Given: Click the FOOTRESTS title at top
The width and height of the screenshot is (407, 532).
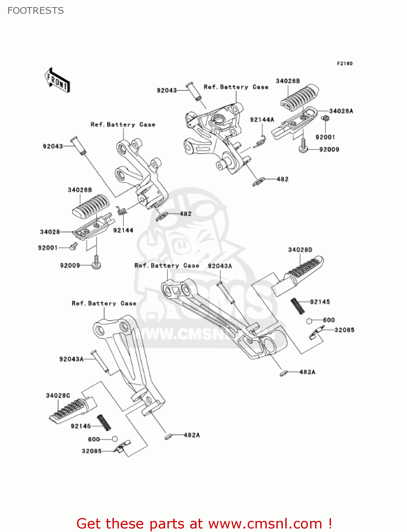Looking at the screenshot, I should [35, 11].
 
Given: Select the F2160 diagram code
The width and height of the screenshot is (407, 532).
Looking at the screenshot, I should [345, 63].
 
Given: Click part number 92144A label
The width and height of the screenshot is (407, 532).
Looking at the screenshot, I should [262, 120].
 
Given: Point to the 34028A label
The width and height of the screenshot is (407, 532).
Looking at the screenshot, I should [341, 111].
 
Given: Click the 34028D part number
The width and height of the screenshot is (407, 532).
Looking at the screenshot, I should [300, 250].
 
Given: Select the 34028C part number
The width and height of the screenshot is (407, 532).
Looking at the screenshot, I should [58, 395].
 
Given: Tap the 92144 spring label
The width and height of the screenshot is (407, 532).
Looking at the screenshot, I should [123, 230].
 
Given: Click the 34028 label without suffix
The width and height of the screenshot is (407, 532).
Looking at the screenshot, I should [50, 232].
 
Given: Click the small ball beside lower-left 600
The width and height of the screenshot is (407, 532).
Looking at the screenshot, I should [115, 439].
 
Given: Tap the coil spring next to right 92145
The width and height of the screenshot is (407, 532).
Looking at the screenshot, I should [297, 306].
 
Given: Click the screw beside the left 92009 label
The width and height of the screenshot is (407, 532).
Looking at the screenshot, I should [96, 263].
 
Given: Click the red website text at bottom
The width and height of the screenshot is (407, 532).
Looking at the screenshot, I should [204, 524].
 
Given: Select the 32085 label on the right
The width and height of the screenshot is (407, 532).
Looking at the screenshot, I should [344, 330].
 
